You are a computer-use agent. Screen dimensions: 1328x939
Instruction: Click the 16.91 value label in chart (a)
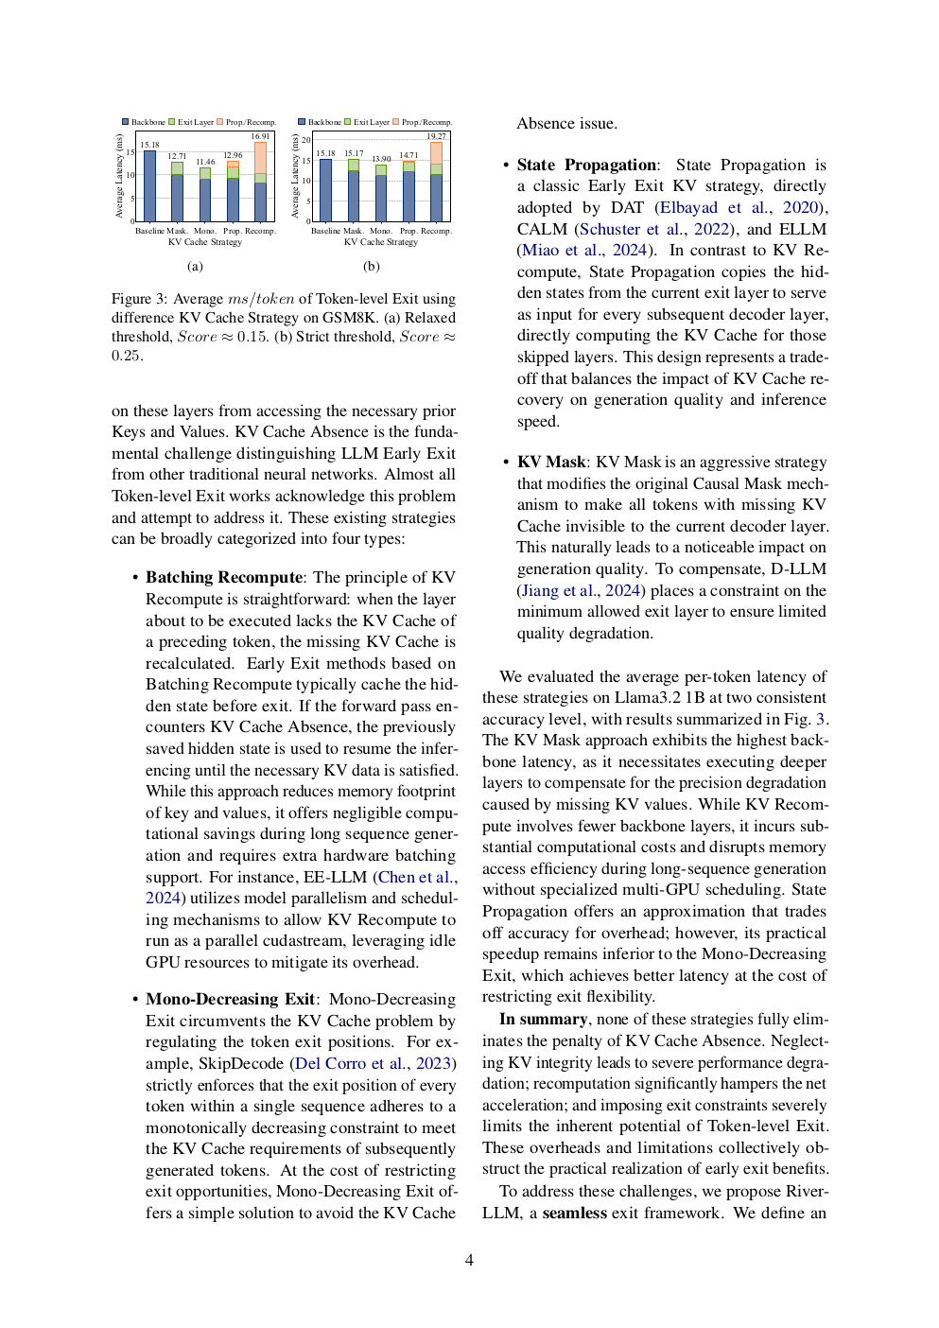pyautogui.click(x=260, y=136)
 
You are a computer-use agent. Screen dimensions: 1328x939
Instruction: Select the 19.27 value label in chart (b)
pyautogui.click(x=436, y=136)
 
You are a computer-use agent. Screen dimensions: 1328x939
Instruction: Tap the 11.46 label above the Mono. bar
pyautogui.click(x=205, y=162)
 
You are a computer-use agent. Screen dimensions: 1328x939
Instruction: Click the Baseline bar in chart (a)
pyautogui.click(x=149, y=186)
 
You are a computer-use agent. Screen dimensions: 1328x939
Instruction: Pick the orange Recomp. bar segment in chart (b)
pyautogui.click(x=436, y=152)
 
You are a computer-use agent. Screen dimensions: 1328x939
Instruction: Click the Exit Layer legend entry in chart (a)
pyautogui.click(x=191, y=122)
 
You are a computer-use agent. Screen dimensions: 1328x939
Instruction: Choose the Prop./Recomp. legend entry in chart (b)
pyautogui.click(x=422, y=122)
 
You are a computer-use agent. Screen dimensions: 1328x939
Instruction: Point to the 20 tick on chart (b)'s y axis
pyautogui.click(x=306, y=140)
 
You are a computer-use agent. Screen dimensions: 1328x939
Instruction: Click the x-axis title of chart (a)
pyautogui.click(x=205, y=242)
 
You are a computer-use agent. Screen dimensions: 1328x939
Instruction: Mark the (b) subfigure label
pyautogui.click(x=372, y=267)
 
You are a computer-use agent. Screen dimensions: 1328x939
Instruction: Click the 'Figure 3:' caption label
pyautogui.click(x=140, y=299)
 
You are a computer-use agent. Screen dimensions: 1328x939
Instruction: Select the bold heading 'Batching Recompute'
pyautogui.click(x=224, y=577)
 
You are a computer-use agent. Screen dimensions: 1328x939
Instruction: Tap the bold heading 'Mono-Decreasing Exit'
pyautogui.click(x=230, y=999)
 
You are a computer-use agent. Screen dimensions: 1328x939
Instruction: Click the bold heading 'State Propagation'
pyautogui.click(x=586, y=165)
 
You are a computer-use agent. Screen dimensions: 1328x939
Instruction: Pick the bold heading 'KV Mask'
pyautogui.click(x=551, y=462)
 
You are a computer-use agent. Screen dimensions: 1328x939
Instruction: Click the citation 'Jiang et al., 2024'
pyautogui.click(x=581, y=590)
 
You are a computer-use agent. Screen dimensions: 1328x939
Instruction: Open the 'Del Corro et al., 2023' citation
pyautogui.click(x=374, y=1063)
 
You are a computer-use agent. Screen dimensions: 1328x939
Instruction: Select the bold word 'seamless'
pyautogui.click(x=574, y=1213)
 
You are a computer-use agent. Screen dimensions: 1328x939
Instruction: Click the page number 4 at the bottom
pyautogui.click(x=469, y=1260)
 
